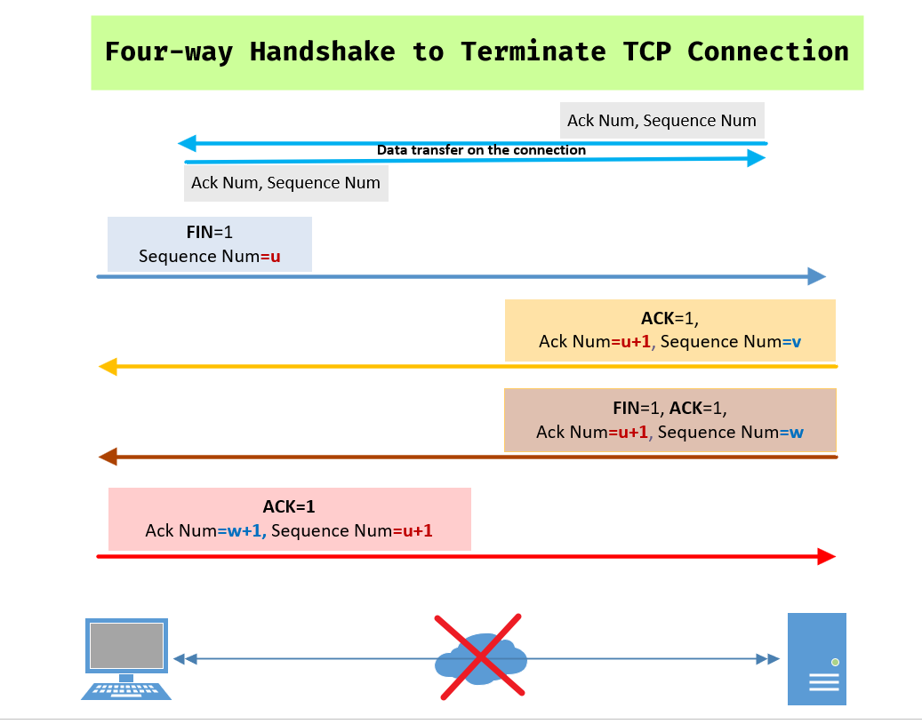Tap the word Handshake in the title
click(x=322, y=52)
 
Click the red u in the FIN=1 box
click(x=276, y=257)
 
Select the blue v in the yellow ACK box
click(x=796, y=342)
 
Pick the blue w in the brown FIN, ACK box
click(x=797, y=433)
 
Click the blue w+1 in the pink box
click(x=244, y=530)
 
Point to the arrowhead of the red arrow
click(x=827, y=556)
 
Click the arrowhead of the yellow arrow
click(x=108, y=367)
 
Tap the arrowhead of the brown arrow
click(x=108, y=457)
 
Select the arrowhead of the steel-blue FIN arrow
click(x=817, y=276)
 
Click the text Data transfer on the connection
click(x=481, y=150)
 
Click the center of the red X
click(x=480, y=657)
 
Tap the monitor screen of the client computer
click(x=126, y=645)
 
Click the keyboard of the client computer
click(x=126, y=690)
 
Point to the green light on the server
click(x=835, y=663)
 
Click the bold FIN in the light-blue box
click(x=199, y=232)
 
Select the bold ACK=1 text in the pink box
click(x=289, y=506)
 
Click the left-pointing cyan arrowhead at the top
click(x=187, y=143)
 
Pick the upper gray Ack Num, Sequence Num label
click(x=661, y=121)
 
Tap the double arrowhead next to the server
click(x=768, y=659)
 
